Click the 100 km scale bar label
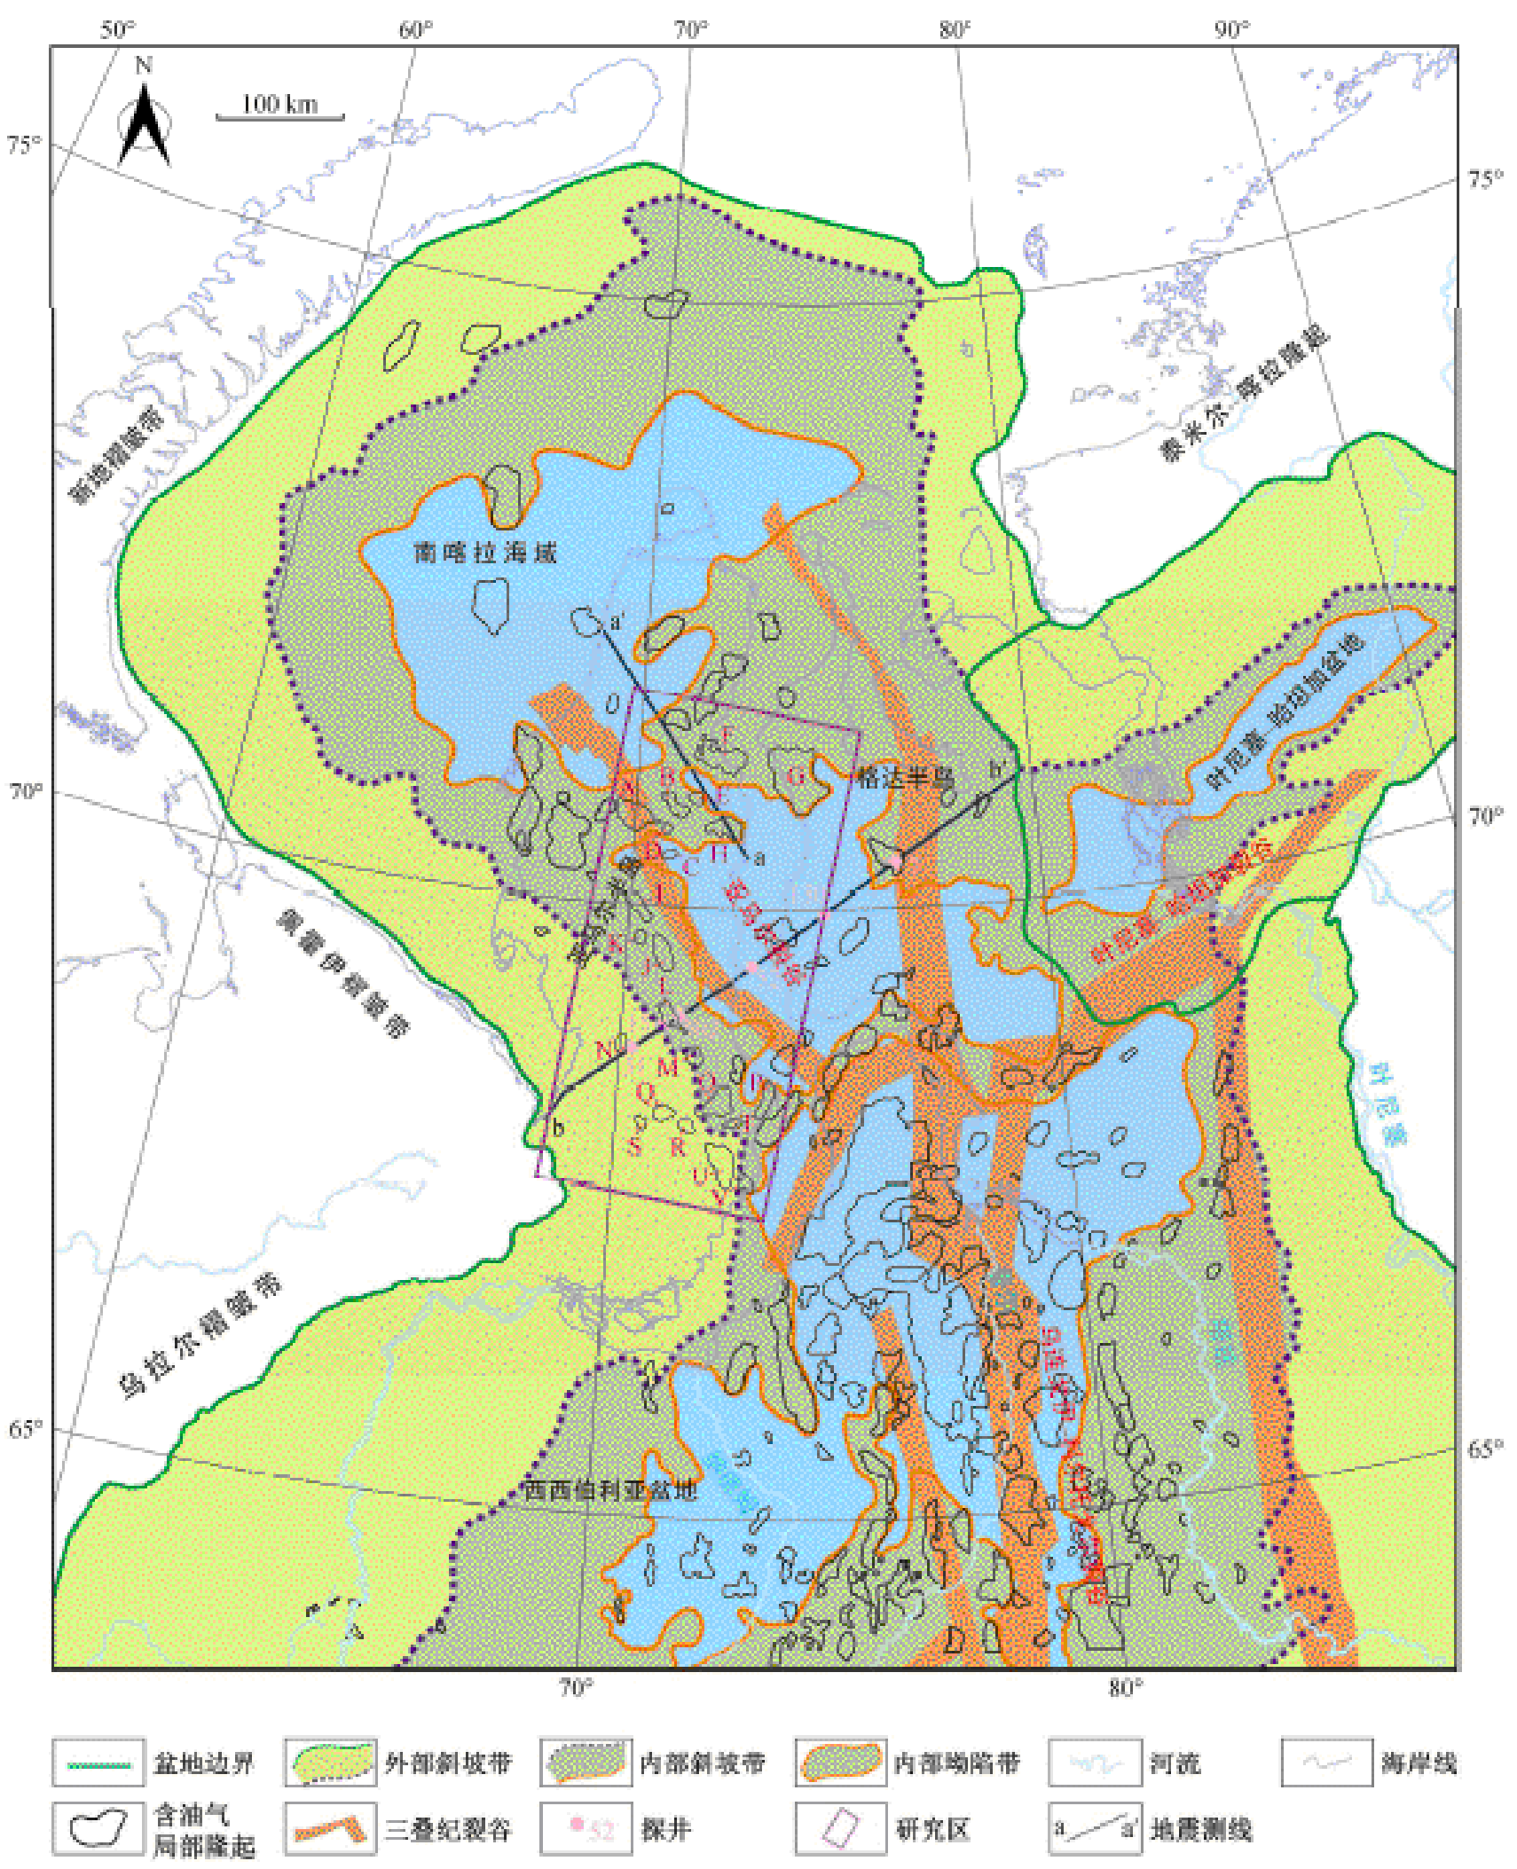[x=279, y=104]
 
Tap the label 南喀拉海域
[x=485, y=554]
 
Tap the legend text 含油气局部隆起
[x=204, y=1831]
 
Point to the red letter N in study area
[x=604, y=1050]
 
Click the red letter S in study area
[x=634, y=1147]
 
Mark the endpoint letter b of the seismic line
[x=559, y=1128]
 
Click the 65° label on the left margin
[x=25, y=1429]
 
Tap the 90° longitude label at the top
[x=1231, y=29]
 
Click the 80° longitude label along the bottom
[x=1125, y=1688]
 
